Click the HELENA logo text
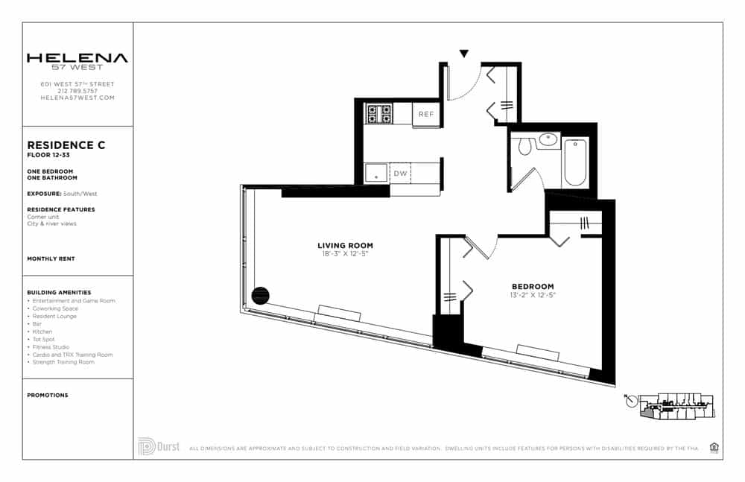77,58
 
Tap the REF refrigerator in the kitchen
425,114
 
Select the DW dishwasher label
400,174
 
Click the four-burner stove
378,114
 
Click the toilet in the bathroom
524,145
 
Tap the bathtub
575,162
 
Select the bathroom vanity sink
549,139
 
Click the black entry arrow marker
464,54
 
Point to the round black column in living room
260,296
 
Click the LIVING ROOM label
345,245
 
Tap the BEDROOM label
533,287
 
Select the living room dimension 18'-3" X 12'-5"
345,254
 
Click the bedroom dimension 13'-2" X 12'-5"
533,296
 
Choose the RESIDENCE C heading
66,145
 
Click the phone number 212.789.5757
77,91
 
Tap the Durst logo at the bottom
159,446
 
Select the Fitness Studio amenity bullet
51,347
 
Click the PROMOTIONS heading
47,396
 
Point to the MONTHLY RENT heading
51,259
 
